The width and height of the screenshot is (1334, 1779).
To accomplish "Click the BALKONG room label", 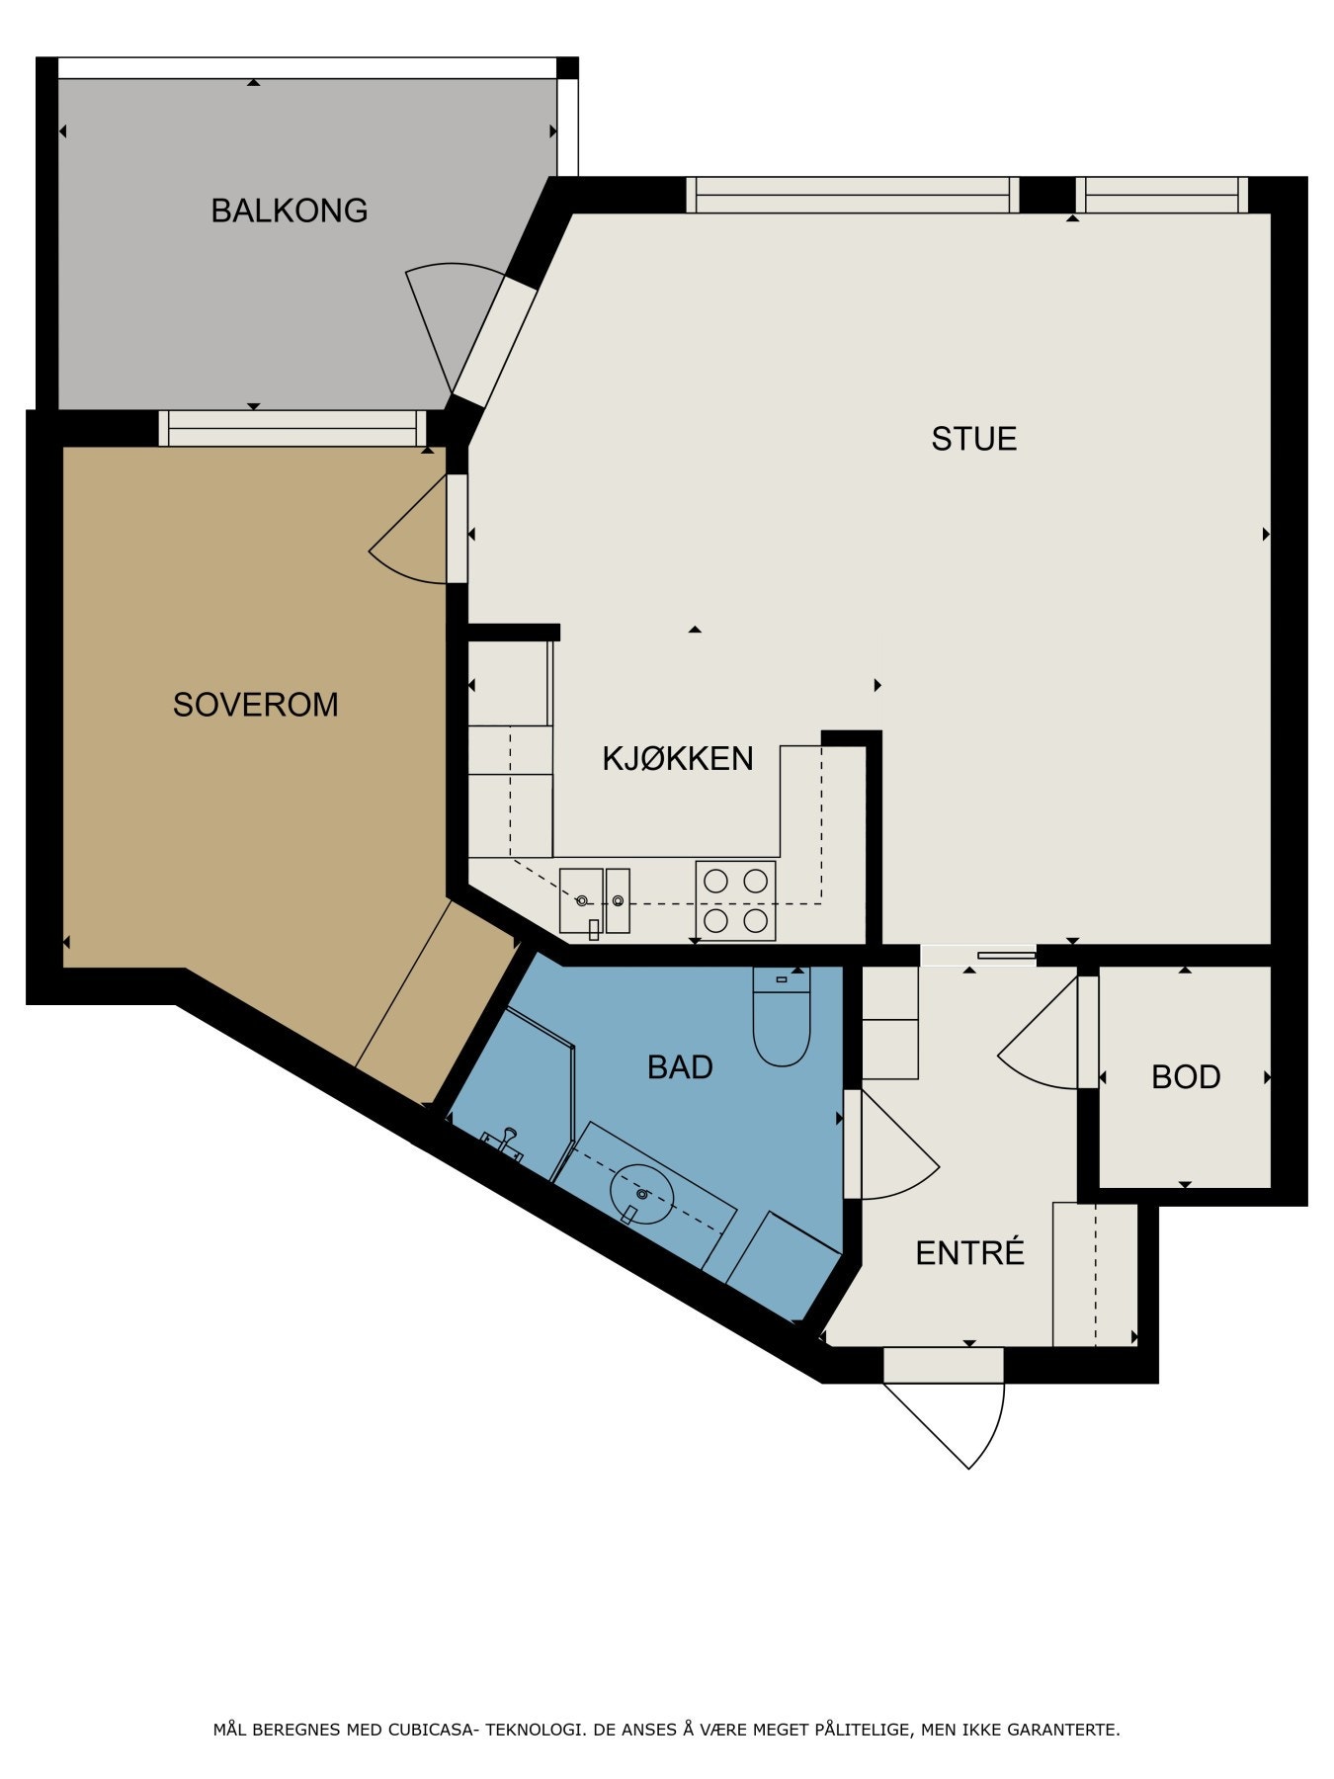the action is (290, 211).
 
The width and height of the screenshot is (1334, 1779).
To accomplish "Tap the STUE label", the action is (974, 439).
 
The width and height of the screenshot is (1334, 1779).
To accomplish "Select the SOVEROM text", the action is (256, 705).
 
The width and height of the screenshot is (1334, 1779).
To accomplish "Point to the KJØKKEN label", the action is (678, 758).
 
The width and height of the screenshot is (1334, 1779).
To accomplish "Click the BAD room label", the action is (681, 1067).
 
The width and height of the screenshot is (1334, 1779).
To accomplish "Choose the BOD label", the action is (1186, 1077).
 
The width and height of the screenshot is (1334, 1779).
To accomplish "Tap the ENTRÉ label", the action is (970, 1252).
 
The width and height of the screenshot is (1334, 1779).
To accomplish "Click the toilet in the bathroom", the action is (782, 1016).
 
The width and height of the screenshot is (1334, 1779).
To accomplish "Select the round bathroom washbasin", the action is (642, 1193).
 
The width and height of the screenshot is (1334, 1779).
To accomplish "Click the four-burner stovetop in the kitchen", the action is (735, 900).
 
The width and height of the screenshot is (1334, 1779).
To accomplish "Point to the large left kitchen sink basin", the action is (581, 900).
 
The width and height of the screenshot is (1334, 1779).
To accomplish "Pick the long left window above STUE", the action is (853, 195).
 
